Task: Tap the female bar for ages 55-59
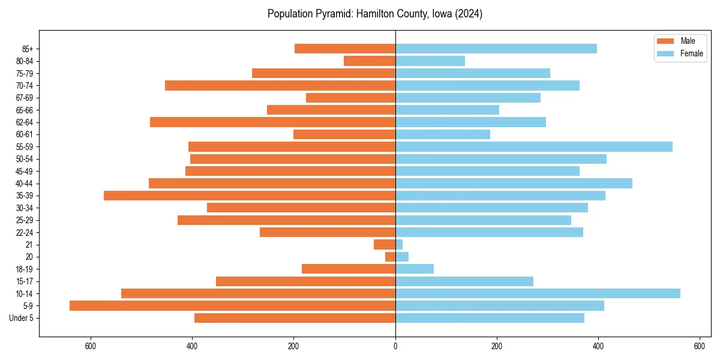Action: coord(534,146)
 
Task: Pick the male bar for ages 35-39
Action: coord(250,196)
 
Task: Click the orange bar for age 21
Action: coord(385,245)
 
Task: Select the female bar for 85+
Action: coord(496,49)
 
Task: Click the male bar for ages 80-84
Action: coord(370,61)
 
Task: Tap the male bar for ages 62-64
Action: coord(272,122)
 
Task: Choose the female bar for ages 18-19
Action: coord(415,269)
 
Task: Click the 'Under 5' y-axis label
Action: coord(22,318)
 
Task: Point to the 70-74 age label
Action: coord(25,85)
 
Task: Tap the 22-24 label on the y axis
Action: coord(25,232)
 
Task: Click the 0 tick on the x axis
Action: coord(395,346)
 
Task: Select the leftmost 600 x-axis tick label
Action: coord(91,346)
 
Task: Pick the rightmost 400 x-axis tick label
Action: coord(598,346)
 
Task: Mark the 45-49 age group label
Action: coord(25,171)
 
